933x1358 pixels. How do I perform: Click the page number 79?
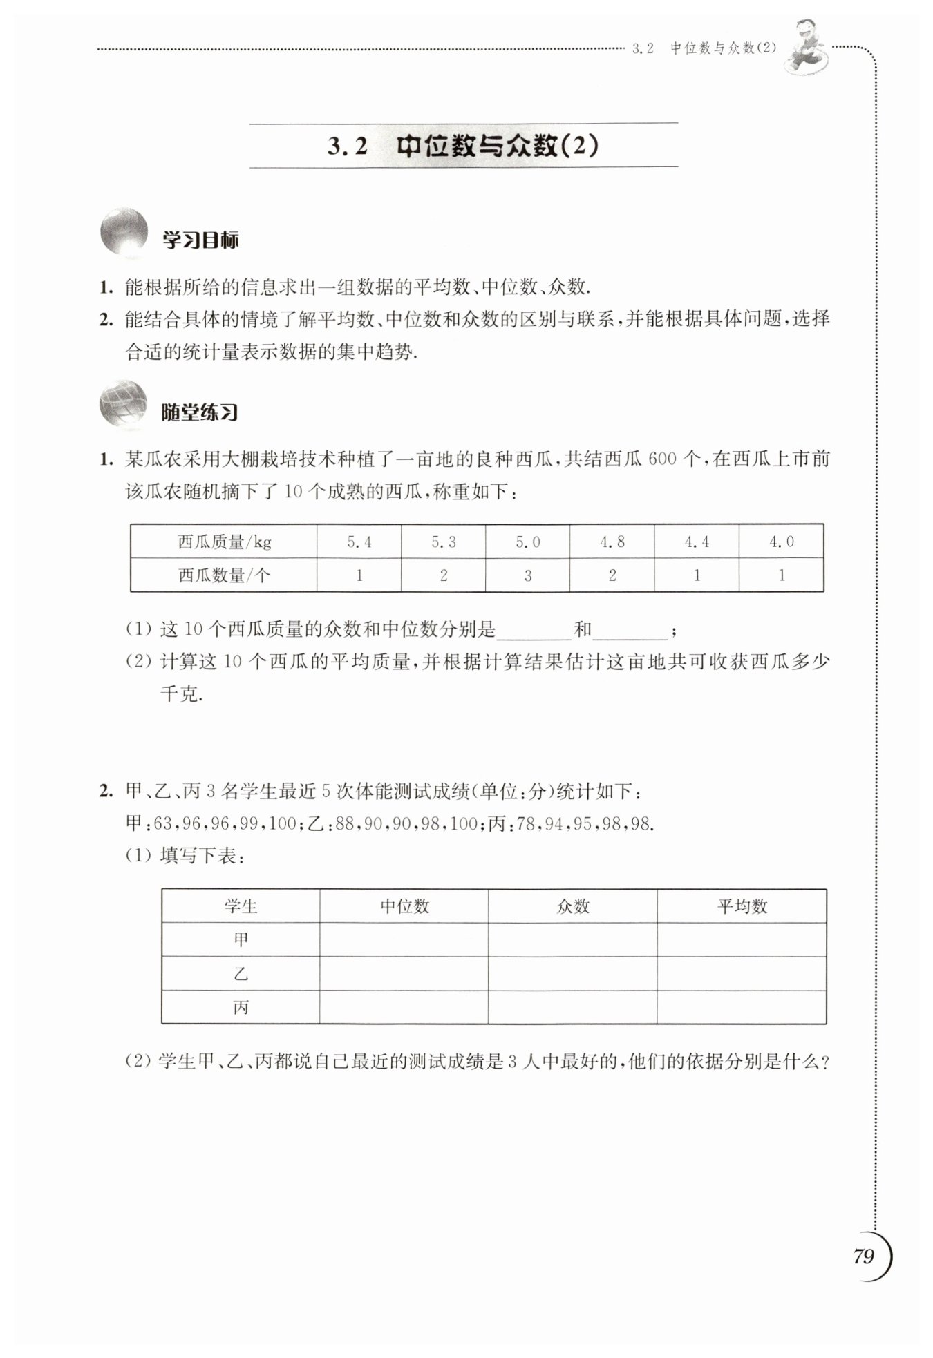[x=864, y=1256]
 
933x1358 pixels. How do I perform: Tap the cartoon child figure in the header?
[x=807, y=45]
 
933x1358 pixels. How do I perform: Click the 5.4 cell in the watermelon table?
[x=359, y=542]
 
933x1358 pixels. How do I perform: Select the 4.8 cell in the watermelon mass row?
[x=612, y=542]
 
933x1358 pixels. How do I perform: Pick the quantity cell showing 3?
[x=528, y=575]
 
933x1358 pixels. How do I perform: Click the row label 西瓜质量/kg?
[x=225, y=542]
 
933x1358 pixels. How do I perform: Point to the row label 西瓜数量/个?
[x=225, y=575]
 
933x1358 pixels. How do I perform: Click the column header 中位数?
[x=405, y=906]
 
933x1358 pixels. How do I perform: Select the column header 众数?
[x=573, y=906]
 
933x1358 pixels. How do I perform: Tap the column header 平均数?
[x=742, y=906]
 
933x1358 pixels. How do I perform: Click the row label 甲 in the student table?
[x=241, y=939]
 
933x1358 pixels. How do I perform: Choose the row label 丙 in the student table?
[x=241, y=1008]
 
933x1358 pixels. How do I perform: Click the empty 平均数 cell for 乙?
[x=742, y=974]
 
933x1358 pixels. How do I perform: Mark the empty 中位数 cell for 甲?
[x=404, y=939]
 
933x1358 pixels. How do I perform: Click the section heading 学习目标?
[x=200, y=240]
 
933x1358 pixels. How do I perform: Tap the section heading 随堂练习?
[x=200, y=412]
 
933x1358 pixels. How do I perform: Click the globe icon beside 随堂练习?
[x=124, y=403]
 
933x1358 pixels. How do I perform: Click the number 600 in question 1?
[x=662, y=459]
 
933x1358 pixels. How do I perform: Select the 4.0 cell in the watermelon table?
[x=782, y=542]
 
